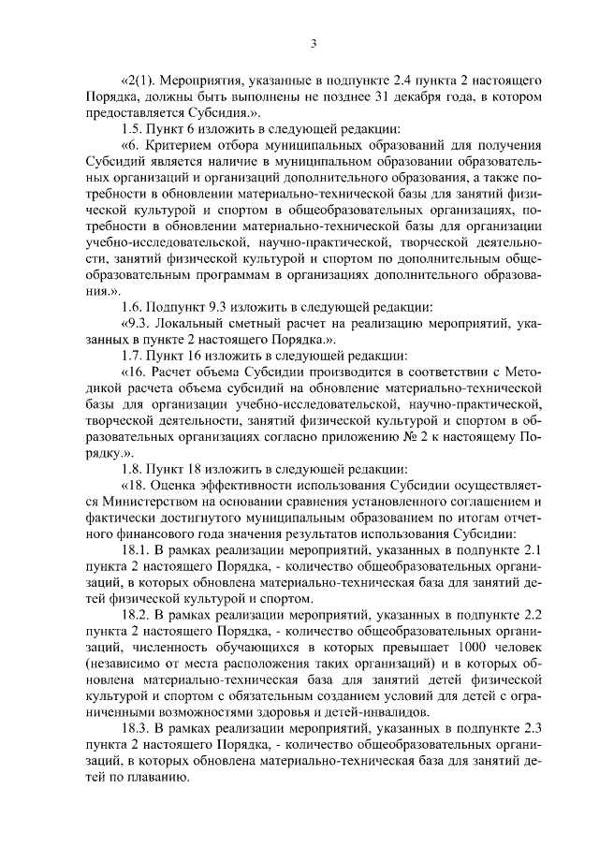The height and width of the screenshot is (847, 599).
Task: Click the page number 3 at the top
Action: point(314,43)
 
